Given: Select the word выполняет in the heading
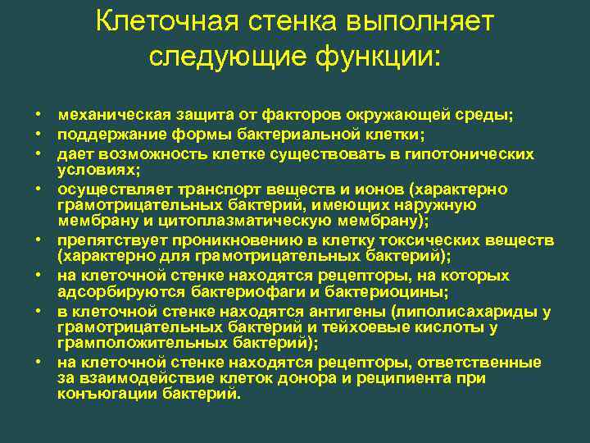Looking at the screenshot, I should point(429,21).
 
